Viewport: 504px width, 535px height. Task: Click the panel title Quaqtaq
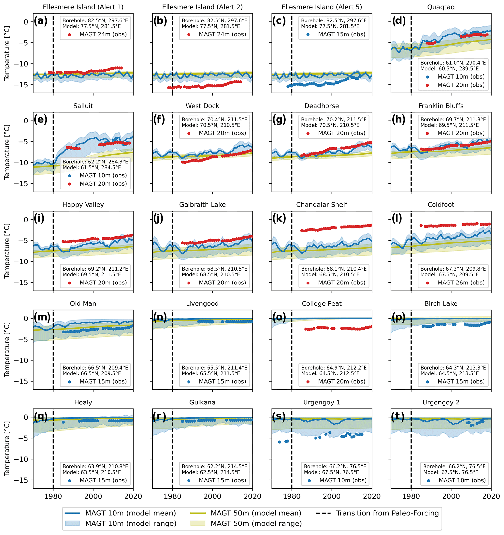click(x=441, y=7)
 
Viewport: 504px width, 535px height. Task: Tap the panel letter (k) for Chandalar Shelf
click(x=279, y=219)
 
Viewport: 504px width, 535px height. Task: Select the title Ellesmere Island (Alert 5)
click(x=321, y=7)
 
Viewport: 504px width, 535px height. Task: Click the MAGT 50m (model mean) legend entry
click(x=256, y=513)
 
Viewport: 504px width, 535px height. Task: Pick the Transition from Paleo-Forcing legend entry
click(x=387, y=513)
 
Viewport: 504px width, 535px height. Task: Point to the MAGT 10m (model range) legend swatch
click(x=72, y=524)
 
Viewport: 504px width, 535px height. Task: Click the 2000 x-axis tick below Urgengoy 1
click(x=332, y=496)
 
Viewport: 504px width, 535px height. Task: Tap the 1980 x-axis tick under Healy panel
click(x=53, y=496)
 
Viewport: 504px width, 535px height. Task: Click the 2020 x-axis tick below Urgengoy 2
click(x=491, y=496)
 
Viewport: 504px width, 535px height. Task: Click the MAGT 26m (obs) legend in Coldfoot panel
click(x=461, y=283)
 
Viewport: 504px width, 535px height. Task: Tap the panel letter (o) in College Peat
click(x=279, y=318)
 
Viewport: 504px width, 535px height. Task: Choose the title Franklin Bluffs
click(x=441, y=106)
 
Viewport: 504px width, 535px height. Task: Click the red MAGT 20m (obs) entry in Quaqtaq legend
click(x=461, y=85)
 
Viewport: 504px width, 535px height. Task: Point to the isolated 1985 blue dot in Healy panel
click(x=63, y=422)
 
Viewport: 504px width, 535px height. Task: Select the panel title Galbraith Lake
click(x=202, y=205)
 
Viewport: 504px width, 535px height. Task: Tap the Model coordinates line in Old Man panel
click(x=92, y=373)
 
